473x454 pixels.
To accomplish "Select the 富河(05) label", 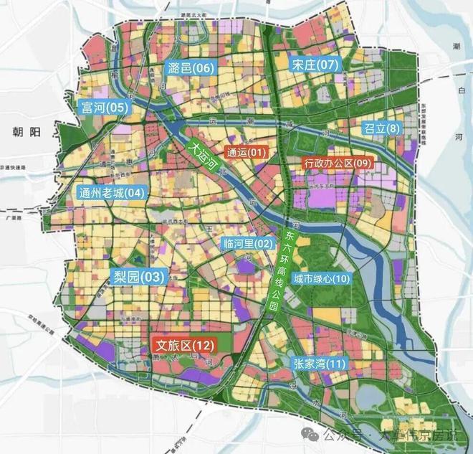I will pos(104,108).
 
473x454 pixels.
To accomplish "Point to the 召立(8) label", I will pos(381,128).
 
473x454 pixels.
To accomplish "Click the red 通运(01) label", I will pos(246,152).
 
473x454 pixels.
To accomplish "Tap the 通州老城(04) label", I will pos(111,192).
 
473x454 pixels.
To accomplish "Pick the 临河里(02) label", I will pos(249,243).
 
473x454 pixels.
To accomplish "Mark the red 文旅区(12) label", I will pos(183,346).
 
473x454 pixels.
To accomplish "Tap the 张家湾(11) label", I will pos(319,364).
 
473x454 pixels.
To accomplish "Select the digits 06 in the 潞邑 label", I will pos(204,68).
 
